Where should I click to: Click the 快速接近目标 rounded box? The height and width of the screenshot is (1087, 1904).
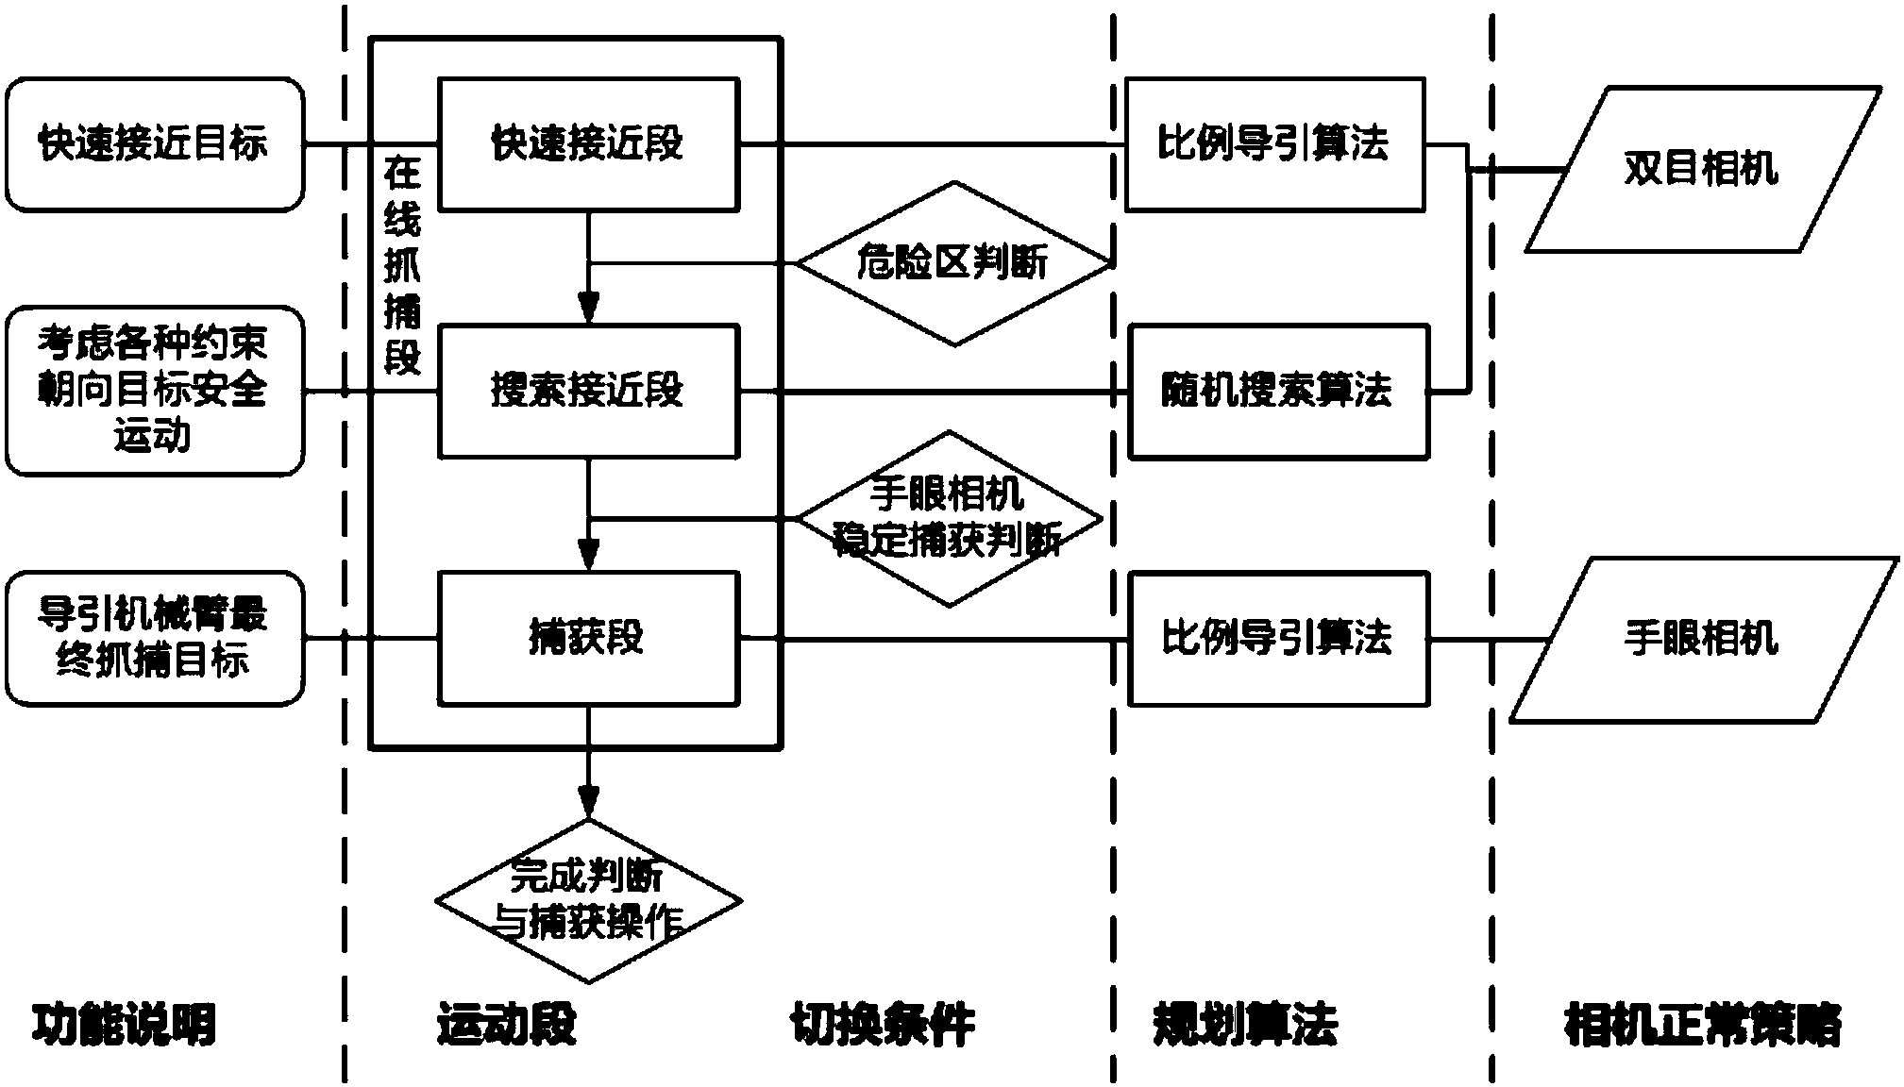[154, 144]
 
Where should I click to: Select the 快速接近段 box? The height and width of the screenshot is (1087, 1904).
[587, 144]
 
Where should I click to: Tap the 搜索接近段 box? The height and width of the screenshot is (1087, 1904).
[587, 391]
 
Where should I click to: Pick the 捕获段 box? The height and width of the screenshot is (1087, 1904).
[587, 638]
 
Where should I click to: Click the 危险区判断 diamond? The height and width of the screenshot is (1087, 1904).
[953, 263]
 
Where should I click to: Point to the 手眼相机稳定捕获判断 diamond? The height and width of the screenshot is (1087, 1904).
[948, 519]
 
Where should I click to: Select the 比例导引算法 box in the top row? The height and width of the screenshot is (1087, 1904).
[1274, 144]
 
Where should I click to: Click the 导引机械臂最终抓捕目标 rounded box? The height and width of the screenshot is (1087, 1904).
[154, 639]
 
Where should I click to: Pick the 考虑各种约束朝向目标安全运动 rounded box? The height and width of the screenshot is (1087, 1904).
[154, 391]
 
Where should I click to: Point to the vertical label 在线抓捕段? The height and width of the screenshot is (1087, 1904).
[402, 266]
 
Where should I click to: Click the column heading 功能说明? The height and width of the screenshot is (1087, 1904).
[125, 1024]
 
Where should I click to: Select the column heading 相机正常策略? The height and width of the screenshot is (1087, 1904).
[1702, 1024]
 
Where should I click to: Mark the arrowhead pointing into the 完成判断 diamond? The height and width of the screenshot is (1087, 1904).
[588, 801]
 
